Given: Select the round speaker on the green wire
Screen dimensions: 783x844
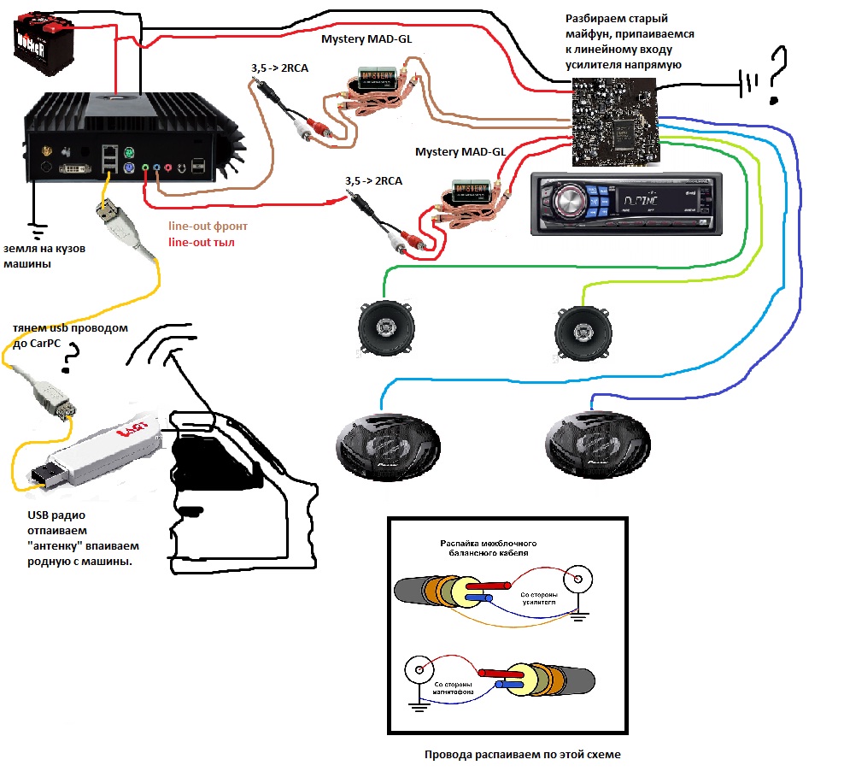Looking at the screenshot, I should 384,329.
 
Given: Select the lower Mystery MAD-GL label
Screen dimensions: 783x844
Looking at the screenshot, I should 460,152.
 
